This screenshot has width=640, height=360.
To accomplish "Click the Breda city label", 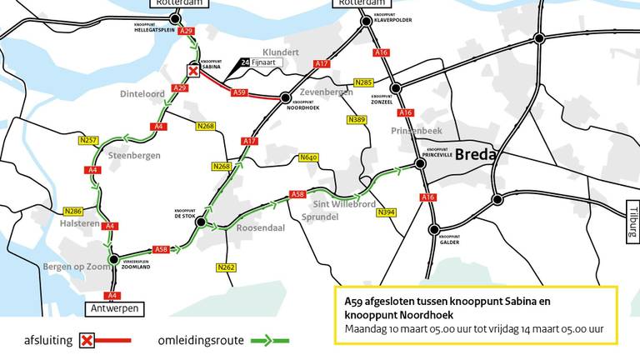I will point(476,156).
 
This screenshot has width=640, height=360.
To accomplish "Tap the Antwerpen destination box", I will point(112,308).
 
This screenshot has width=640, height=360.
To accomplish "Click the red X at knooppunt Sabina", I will point(193,72).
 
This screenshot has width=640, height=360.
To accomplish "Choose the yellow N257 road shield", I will point(88,140).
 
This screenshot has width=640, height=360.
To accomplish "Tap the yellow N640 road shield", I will point(308,157).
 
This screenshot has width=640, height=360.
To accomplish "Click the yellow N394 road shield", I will point(385,213).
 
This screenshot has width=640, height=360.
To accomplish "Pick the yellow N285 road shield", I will point(363,82).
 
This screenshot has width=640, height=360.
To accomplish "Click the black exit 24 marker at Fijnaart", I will point(244,62).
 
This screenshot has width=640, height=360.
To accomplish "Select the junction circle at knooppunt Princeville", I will point(421,164).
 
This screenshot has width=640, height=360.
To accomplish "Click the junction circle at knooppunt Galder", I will point(433,230).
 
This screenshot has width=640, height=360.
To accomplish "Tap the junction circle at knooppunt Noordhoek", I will point(285,97).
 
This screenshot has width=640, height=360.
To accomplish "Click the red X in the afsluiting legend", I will point(87,340).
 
